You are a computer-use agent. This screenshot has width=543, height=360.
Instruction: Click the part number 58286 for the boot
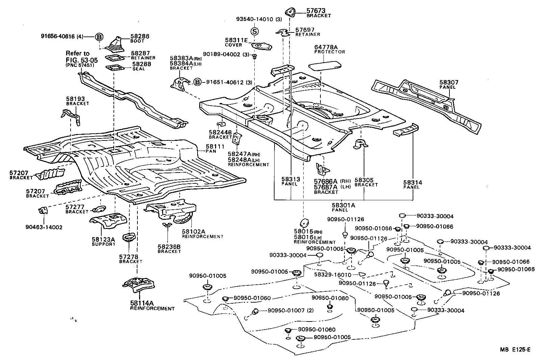[x=140, y=36]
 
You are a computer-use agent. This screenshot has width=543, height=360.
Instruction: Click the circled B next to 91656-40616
[x=99, y=37]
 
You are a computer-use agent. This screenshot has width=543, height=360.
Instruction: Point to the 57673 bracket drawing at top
[x=290, y=12]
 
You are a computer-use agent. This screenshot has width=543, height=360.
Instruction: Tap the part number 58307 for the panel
[x=449, y=82]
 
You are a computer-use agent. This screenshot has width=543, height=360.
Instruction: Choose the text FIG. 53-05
[x=82, y=60]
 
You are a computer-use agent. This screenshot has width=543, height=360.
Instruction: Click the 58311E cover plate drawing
[x=261, y=46]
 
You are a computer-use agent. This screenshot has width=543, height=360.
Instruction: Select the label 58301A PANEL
[x=343, y=207]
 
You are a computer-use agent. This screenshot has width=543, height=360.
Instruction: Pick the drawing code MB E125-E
[x=515, y=350]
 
